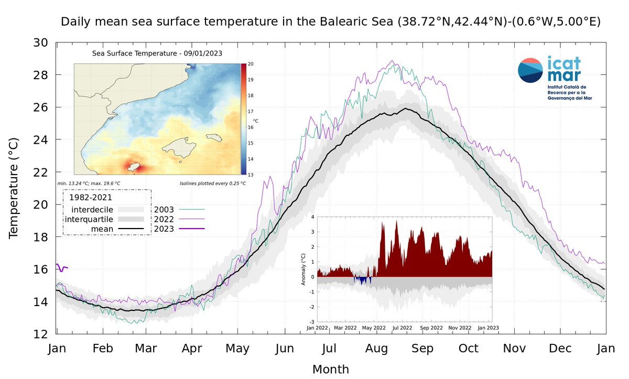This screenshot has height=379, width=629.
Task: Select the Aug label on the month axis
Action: click(x=376, y=348)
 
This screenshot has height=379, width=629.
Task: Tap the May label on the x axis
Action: click(x=238, y=348)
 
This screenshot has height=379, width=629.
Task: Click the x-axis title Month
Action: click(x=330, y=369)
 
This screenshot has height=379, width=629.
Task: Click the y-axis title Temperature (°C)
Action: click(x=14, y=188)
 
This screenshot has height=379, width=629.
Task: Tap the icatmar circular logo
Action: click(x=530, y=71)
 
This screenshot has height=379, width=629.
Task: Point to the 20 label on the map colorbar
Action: click(x=250, y=64)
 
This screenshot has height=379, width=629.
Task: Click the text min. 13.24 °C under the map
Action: click(x=89, y=183)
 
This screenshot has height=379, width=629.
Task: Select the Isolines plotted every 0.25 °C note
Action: click(x=212, y=183)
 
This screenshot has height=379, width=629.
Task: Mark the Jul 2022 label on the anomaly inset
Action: click(x=403, y=327)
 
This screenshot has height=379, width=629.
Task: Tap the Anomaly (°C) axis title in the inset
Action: click(x=302, y=268)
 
